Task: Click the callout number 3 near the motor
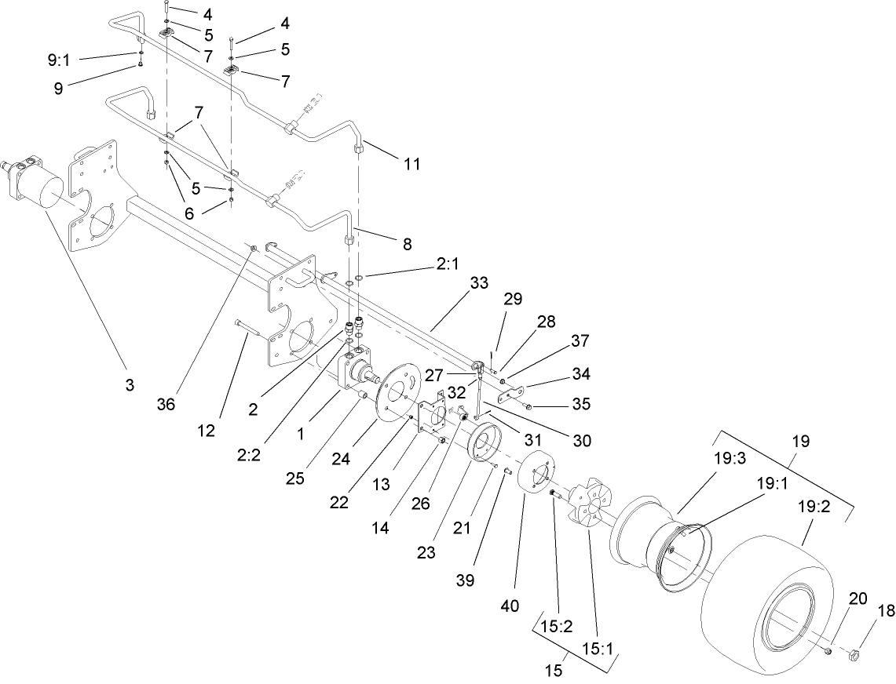click(x=130, y=384)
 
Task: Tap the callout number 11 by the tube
click(x=411, y=164)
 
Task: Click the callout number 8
click(x=407, y=243)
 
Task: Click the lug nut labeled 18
click(x=858, y=653)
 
